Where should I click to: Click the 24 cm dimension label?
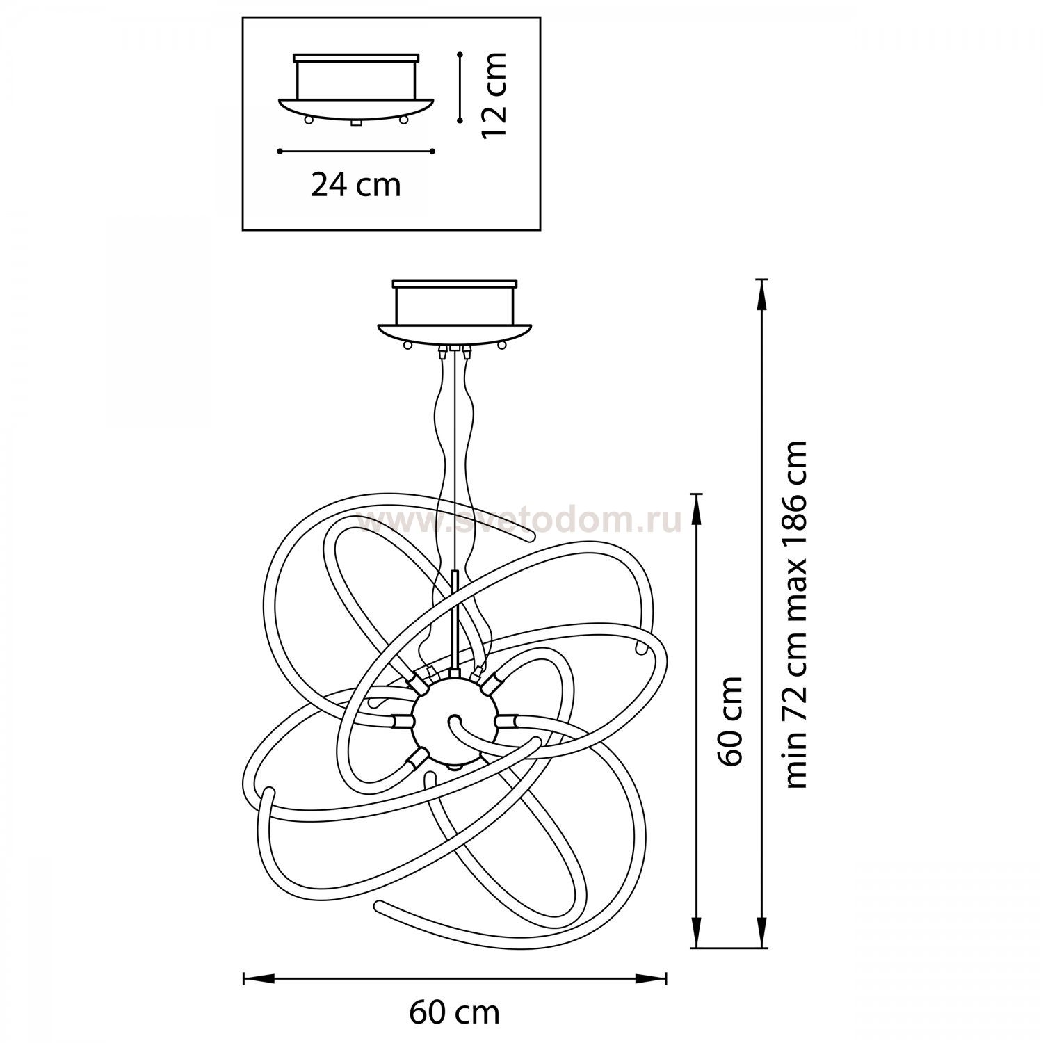pos(355,185)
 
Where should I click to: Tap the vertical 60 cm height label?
pos(731,720)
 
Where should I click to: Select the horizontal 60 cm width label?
pos(454,1012)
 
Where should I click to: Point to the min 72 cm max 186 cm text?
pos(795,614)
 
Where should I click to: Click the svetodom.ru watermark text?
pos(519,521)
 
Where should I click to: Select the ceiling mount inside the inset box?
pos(356,89)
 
